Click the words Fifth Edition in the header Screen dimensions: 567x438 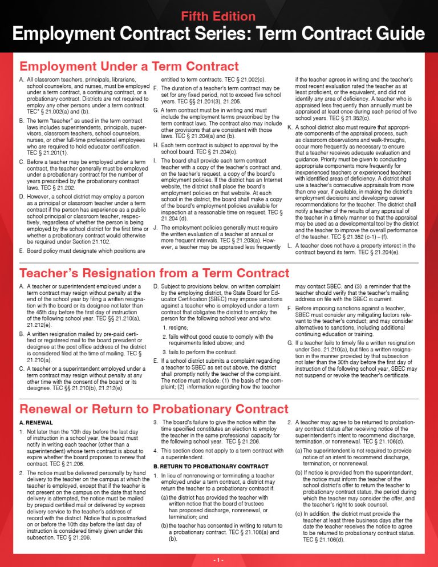tap(218, 17)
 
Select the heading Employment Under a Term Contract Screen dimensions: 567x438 tap(129, 67)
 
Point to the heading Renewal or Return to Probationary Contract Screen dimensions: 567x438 tap(154, 409)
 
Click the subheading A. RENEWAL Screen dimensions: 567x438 tap(36, 423)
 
